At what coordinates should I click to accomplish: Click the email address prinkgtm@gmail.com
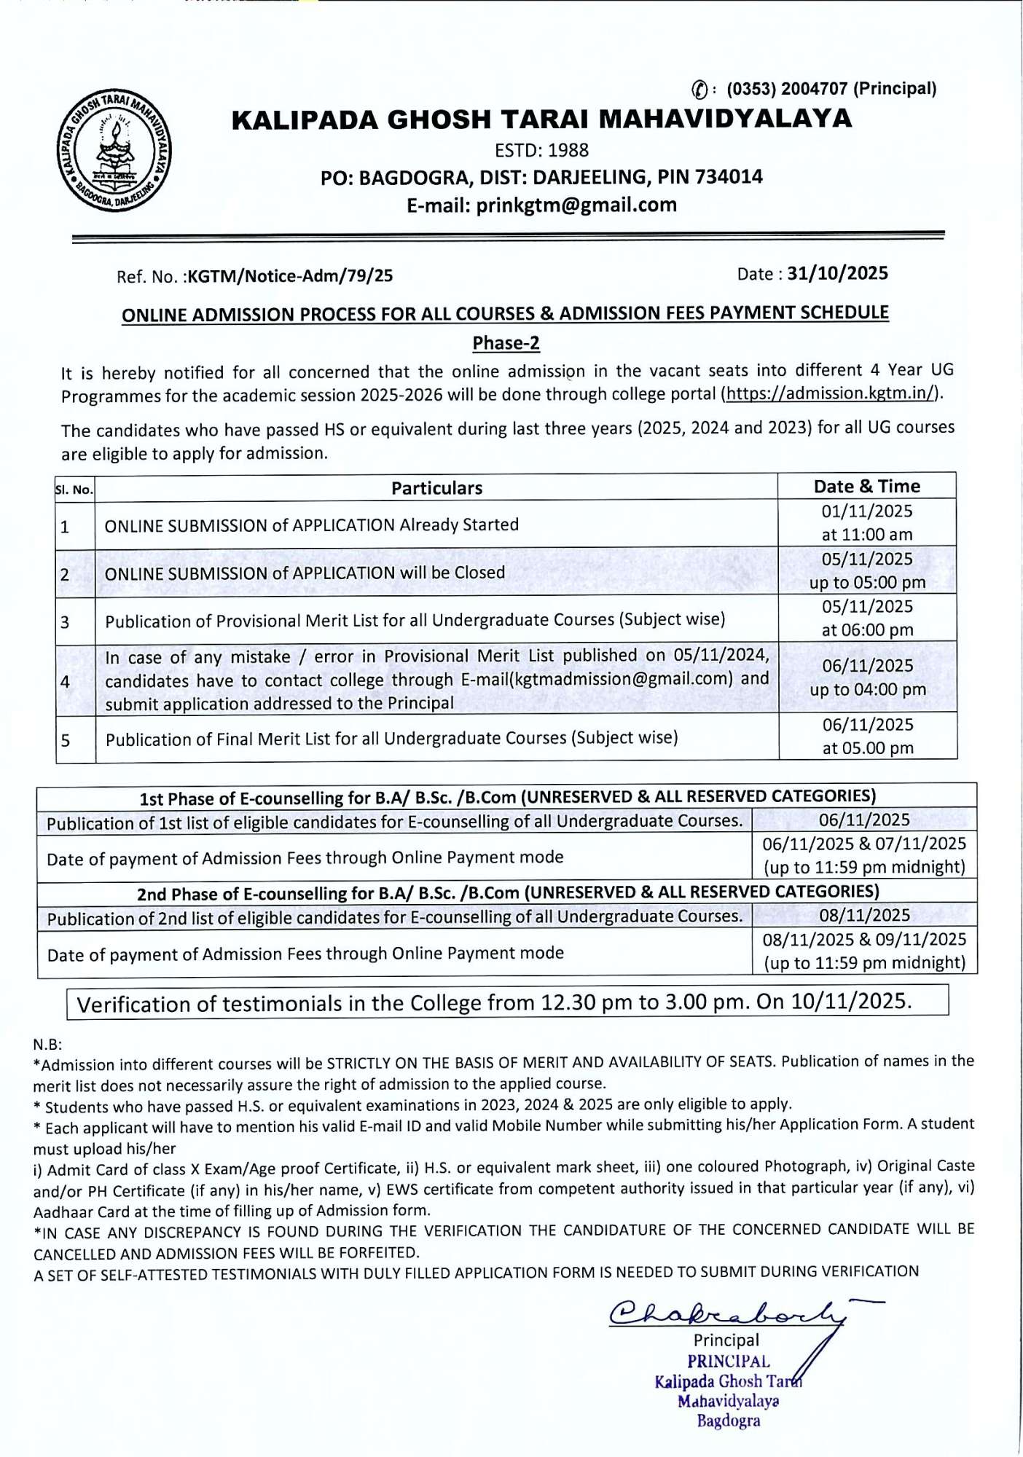point(576,205)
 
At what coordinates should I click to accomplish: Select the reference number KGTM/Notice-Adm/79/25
point(290,276)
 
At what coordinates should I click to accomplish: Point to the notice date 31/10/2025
point(837,273)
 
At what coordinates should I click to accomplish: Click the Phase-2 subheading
point(506,343)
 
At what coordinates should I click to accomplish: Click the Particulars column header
point(436,488)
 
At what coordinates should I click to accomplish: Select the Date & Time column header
point(866,486)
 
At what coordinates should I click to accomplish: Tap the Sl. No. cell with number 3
point(66,621)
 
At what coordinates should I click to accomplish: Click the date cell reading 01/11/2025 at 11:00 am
point(866,522)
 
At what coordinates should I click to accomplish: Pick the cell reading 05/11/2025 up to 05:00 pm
point(867,570)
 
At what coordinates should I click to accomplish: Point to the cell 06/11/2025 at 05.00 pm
point(867,736)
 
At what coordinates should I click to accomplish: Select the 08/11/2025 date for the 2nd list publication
point(864,915)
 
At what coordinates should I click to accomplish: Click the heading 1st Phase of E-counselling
point(507,797)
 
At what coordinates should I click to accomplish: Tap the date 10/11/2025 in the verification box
point(850,1001)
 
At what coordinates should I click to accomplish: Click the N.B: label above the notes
point(47,1044)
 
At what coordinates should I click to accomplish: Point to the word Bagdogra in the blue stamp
point(728,1421)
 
